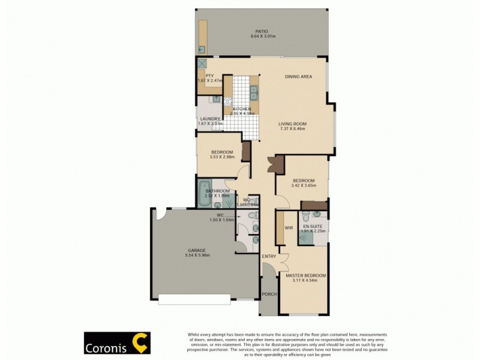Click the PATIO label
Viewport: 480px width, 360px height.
(260, 31)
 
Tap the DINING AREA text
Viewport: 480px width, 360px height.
(298, 77)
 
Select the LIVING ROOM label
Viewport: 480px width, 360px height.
(292, 124)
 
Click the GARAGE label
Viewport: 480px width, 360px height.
(196, 250)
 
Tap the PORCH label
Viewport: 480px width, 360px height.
(269, 294)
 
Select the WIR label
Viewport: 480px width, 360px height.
(288, 228)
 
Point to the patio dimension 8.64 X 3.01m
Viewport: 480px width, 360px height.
(260, 37)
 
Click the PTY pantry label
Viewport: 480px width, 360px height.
(209, 76)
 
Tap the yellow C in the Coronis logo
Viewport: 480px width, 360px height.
(140, 343)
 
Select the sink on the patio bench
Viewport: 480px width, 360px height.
(202, 49)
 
